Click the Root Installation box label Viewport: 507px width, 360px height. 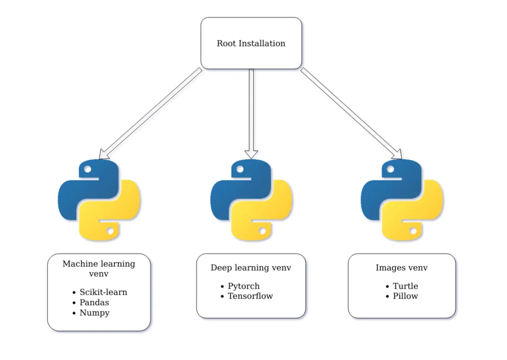(x=251, y=43)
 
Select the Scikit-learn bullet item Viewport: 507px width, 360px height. (x=103, y=292)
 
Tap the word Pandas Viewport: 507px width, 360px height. (x=94, y=302)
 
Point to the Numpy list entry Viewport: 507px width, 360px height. (x=94, y=313)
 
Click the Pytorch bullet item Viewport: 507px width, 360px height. (x=244, y=286)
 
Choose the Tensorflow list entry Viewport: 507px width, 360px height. (x=250, y=296)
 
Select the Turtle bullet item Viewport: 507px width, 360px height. (x=405, y=286)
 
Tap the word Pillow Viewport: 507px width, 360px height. (x=405, y=296)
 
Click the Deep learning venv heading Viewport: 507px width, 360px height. (x=251, y=268)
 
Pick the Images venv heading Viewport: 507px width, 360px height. (x=402, y=268)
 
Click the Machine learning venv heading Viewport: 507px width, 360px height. (x=99, y=268)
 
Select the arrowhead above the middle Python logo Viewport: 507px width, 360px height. (x=251, y=154)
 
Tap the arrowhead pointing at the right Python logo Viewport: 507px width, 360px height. (x=398, y=154)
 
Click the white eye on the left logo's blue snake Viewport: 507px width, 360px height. (x=88, y=169)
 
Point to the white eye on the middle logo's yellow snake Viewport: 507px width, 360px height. (x=263, y=231)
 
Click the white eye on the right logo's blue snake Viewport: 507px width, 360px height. (x=391, y=169)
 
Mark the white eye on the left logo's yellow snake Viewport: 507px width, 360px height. (x=110, y=231)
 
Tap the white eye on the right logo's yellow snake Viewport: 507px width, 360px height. (x=413, y=231)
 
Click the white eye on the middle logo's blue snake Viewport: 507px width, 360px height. (x=240, y=169)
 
